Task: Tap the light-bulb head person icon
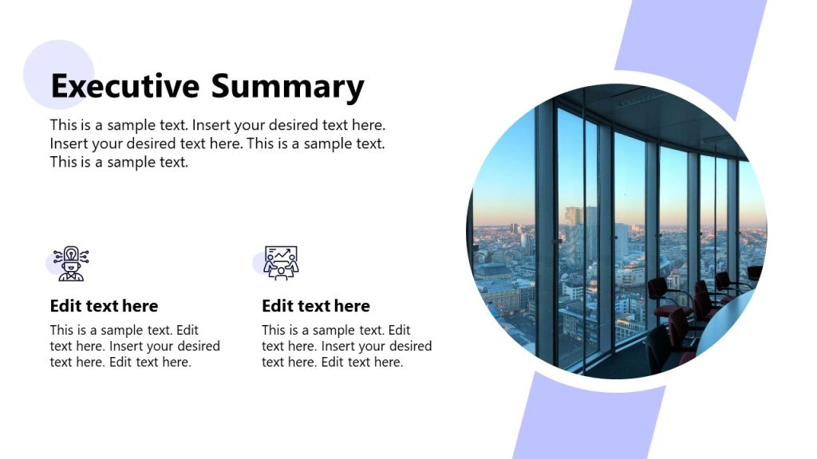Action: (71, 264)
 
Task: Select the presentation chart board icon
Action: (281, 263)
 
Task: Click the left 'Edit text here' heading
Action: (104, 306)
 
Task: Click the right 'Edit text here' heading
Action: (315, 306)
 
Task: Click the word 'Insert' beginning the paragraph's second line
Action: (68, 143)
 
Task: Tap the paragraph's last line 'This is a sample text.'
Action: (119, 162)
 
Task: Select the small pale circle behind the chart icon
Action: (259, 264)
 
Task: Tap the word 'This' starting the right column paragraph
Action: (274, 330)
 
